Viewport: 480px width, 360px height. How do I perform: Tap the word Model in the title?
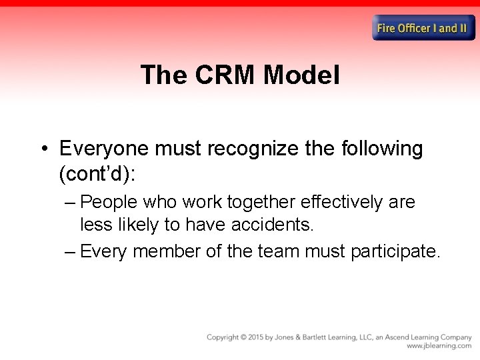point(301,75)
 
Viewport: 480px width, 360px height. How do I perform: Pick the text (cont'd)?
point(97,174)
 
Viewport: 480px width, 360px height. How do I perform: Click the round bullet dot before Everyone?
point(43,149)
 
